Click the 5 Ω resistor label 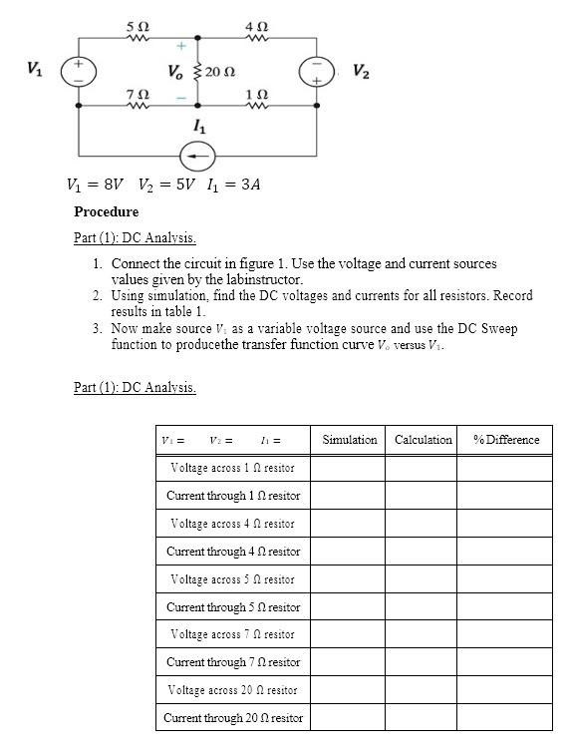click(138, 23)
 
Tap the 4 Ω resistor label click(256, 23)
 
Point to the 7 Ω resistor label click(138, 93)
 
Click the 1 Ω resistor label click(256, 93)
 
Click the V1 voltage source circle click(78, 71)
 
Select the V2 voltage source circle click(316, 71)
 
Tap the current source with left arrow click(198, 156)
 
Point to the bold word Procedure click(106, 211)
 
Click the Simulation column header click(350, 440)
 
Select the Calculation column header click(423, 440)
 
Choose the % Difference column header click(506, 440)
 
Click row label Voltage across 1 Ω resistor click(232, 468)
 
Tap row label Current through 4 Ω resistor click(232, 552)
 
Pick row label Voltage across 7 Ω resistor click(232, 634)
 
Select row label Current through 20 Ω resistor click(232, 717)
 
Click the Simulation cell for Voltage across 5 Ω click(350, 579)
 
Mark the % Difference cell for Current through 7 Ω click(506, 662)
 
